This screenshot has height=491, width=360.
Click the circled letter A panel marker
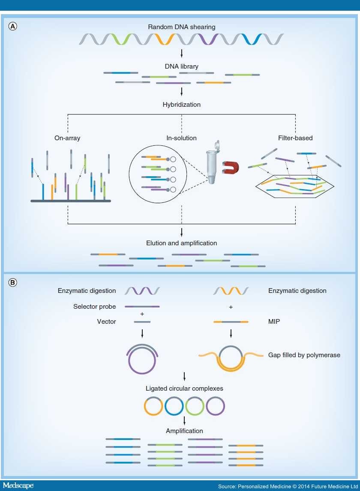click(x=14, y=26)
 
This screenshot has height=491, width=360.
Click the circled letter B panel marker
click(x=14, y=283)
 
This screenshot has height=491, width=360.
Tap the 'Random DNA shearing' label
click(x=182, y=27)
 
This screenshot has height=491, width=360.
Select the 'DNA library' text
click(x=182, y=66)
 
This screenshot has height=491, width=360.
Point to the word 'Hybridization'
click(x=182, y=104)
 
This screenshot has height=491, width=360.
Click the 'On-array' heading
click(x=68, y=138)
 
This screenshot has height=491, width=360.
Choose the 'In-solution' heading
click(x=182, y=138)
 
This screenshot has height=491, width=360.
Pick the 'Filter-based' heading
click(x=296, y=138)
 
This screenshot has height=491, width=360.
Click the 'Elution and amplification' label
click(x=182, y=243)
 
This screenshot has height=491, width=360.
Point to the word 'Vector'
click(x=106, y=321)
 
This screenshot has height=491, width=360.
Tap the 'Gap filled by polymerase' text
click(x=304, y=355)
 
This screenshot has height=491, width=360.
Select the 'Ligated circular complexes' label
click(x=184, y=389)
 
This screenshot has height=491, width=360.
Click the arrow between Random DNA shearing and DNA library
click(x=182, y=53)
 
